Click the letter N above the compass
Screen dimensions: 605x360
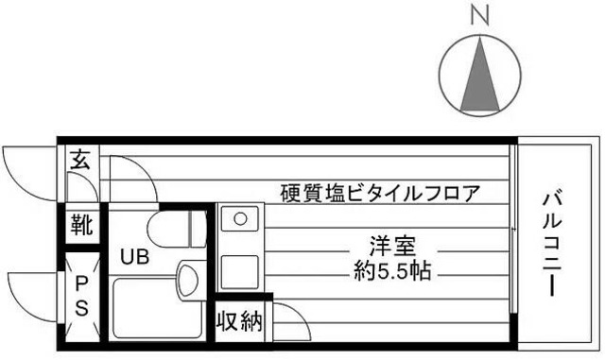click(x=479, y=15)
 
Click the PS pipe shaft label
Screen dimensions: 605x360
click(x=82, y=295)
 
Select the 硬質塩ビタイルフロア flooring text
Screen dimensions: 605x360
click(x=380, y=194)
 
